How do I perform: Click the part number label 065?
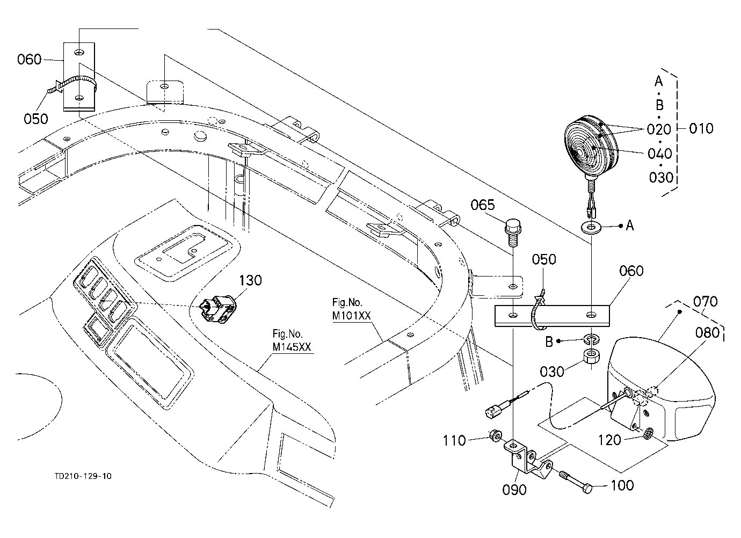[x=483, y=206]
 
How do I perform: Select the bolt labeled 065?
[x=512, y=232]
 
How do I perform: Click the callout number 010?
[x=701, y=128]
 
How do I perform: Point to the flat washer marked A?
[x=591, y=227]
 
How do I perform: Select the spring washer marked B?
[x=591, y=339]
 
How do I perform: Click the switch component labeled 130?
[x=217, y=308]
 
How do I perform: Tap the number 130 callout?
[x=250, y=280]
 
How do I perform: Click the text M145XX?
[x=292, y=347]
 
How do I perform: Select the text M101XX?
[x=351, y=316]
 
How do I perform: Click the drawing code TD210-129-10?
[x=83, y=476]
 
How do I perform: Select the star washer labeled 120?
[x=649, y=433]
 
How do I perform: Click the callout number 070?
[x=706, y=302]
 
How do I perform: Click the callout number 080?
[x=708, y=332]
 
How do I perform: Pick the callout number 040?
[x=659, y=154]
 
